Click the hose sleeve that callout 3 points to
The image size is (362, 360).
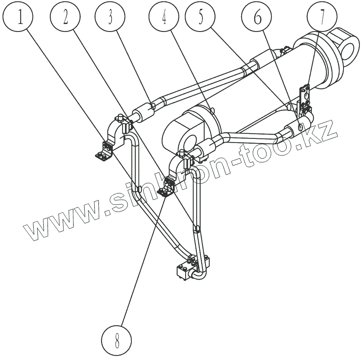[143, 112]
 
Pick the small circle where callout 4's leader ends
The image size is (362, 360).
[213, 110]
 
